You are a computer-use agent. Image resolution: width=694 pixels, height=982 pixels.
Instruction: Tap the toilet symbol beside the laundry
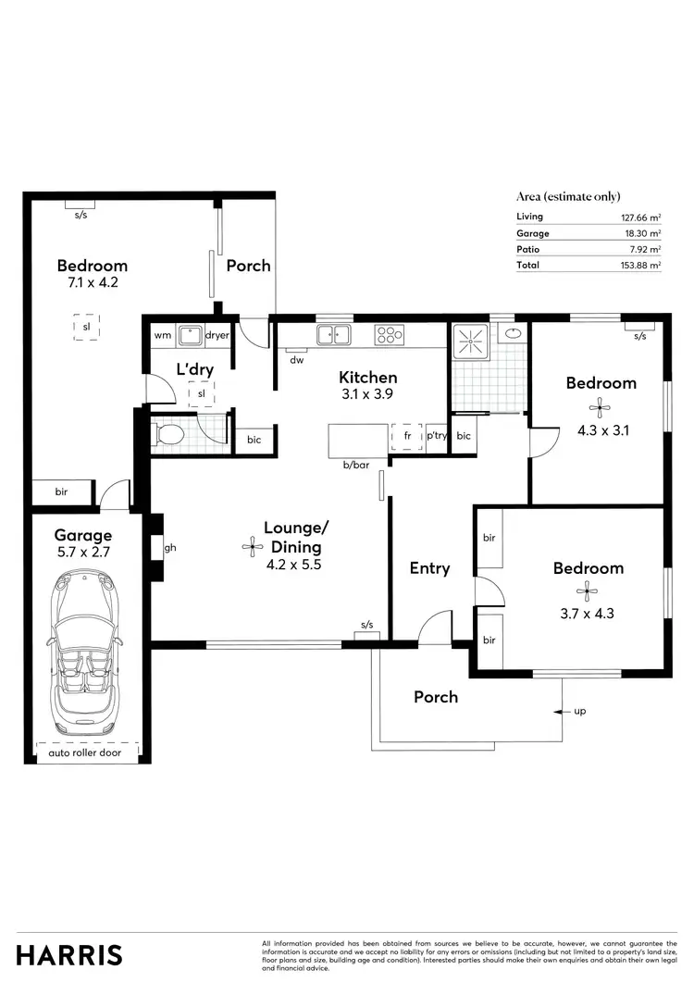pos(172,433)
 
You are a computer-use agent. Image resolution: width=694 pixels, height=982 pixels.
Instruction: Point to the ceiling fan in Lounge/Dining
pos(252,547)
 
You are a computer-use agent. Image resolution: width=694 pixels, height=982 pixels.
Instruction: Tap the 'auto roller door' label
pos(85,752)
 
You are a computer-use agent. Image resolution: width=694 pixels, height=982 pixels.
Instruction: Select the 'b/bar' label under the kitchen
pos(355,466)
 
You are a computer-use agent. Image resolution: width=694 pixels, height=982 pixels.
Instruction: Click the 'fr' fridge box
pos(406,435)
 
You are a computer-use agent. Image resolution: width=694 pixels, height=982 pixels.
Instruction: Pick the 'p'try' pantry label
pos(436,435)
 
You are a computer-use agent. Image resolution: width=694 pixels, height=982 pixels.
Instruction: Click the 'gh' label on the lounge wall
pos(169,547)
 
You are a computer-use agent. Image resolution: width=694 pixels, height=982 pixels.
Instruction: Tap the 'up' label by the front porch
pos(580,711)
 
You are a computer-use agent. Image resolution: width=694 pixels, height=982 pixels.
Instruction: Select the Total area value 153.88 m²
pos(641,265)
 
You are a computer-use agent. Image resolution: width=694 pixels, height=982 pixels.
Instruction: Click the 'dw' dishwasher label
pos(296,360)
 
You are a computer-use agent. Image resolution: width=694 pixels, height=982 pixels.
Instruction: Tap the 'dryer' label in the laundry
pos(217,335)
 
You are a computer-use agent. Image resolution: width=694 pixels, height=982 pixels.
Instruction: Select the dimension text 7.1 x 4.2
pos(91,283)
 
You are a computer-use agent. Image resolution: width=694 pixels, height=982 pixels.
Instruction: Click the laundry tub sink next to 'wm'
pos(191,335)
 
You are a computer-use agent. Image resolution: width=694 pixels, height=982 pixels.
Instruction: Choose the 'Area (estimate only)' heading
pos(567,196)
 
